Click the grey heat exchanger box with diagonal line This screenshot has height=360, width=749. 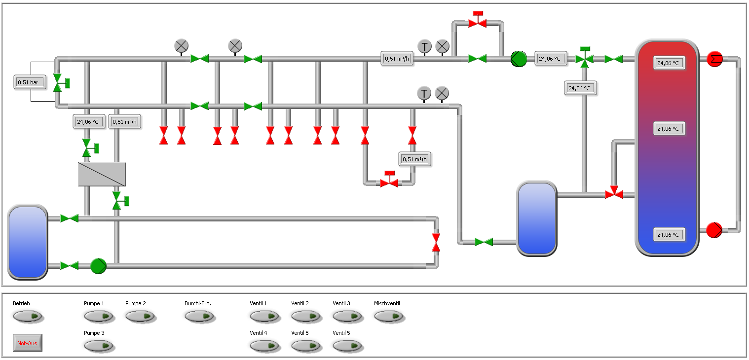(x=102, y=174)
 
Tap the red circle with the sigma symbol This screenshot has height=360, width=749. (x=714, y=59)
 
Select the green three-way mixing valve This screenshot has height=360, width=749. (x=585, y=58)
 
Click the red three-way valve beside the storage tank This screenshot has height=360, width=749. (x=614, y=193)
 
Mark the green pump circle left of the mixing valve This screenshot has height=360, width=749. (x=519, y=59)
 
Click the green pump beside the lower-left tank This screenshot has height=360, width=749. (x=98, y=266)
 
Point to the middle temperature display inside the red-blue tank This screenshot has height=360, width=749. (x=669, y=128)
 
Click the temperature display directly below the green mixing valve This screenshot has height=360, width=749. (x=580, y=88)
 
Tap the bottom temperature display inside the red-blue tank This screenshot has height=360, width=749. (x=669, y=234)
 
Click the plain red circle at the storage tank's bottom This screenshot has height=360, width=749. (x=714, y=230)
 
